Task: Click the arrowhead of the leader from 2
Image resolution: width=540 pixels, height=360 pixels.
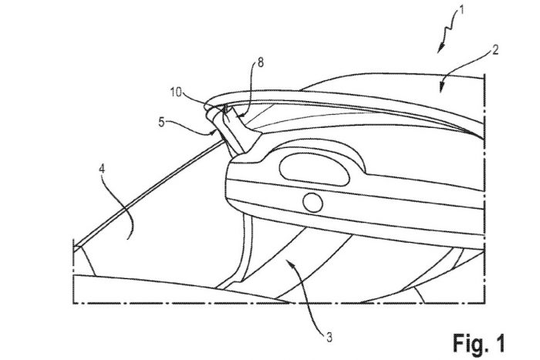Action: coord(443,87)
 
